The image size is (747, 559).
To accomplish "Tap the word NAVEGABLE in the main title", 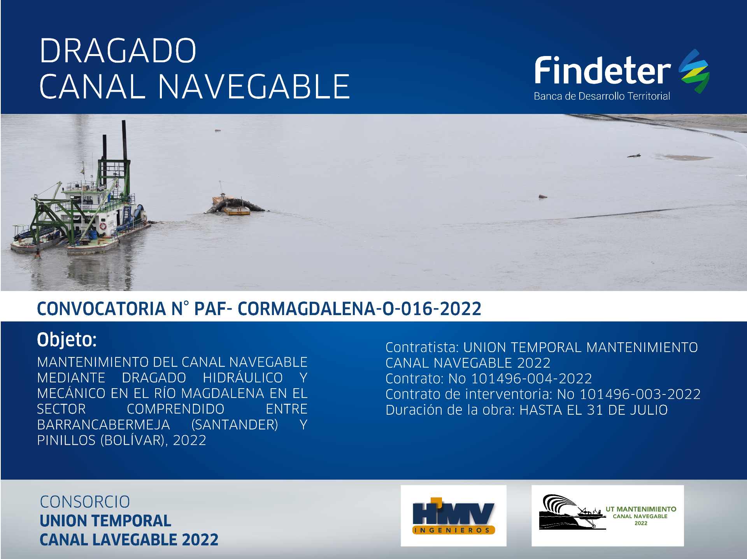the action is [254, 86].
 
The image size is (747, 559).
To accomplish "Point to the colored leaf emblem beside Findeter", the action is [694, 71].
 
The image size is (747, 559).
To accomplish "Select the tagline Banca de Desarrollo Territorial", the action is [602, 96].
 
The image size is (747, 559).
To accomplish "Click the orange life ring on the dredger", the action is [103, 226].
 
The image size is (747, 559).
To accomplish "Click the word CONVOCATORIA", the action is [102, 309].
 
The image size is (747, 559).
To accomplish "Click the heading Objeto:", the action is [67, 339].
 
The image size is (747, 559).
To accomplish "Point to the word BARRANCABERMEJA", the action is [103, 424].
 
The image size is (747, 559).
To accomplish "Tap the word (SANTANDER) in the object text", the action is [235, 424].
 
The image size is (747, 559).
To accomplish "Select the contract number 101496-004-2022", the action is [531, 379].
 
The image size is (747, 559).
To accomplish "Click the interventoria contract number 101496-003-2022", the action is [640, 394].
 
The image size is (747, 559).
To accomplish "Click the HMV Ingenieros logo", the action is [454, 516].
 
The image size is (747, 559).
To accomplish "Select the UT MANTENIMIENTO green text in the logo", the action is [641, 509].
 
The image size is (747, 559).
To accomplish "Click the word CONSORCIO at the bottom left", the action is [85, 502].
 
